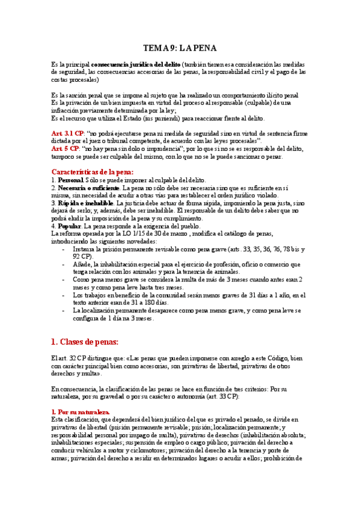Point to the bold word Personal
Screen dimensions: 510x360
click(70, 180)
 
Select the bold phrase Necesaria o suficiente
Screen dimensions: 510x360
click(88, 188)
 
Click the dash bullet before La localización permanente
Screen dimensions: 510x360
click(64, 311)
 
